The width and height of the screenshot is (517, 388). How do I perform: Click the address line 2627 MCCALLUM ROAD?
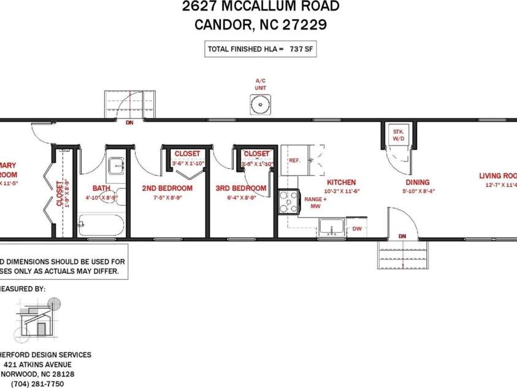coord(260,7)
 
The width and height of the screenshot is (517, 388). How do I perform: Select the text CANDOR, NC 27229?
coord(260,25)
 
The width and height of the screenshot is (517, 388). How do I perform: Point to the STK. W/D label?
coord(399,134)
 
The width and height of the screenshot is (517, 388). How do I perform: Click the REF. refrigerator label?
coord(294,160)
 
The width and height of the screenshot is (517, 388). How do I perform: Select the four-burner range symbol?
coord(288,202)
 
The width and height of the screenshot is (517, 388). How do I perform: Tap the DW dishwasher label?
coord(357,229)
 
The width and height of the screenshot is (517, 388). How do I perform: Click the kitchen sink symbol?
coord(332,227)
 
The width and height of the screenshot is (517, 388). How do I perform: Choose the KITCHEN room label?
coord(342,182)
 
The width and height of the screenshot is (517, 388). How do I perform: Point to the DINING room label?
coord(417,182)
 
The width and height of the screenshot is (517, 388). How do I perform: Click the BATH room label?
coord(101,188)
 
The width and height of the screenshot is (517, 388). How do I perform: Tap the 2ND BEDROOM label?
coord(167,188)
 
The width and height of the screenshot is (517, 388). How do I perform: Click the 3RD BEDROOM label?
coord(241,188)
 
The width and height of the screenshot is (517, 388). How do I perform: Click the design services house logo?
coord(38,319)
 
